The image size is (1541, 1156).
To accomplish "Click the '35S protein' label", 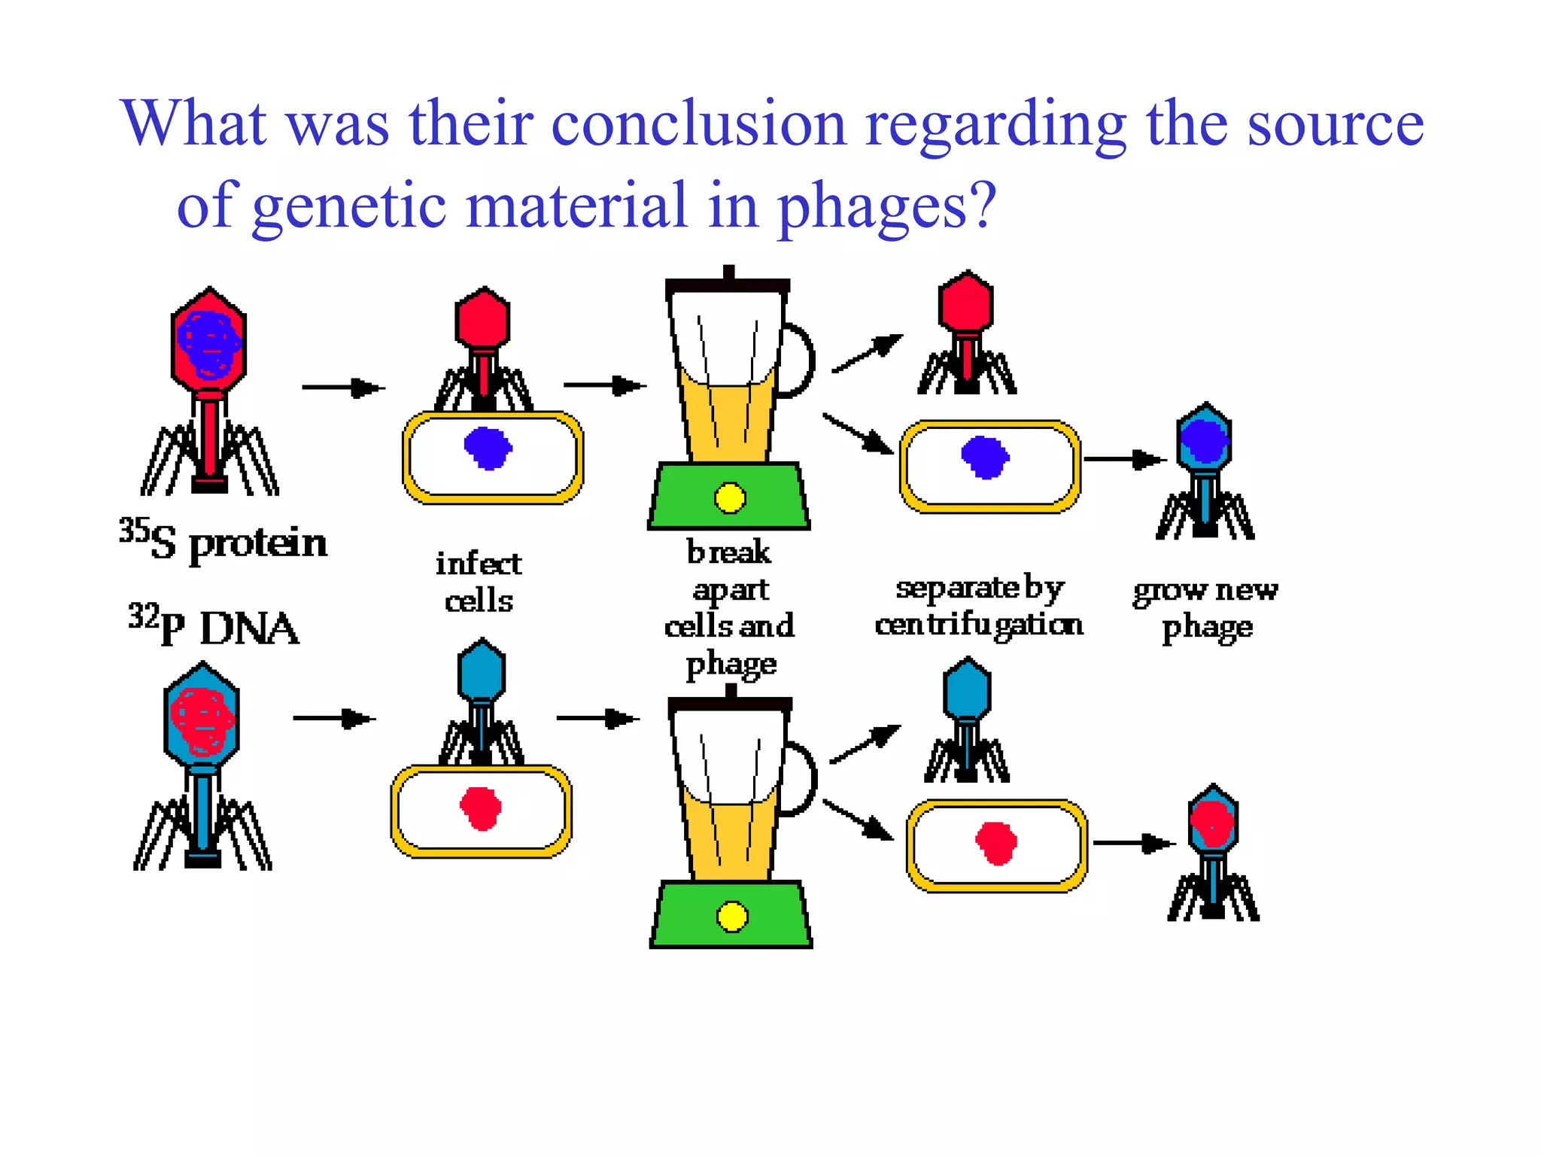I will click(223, 541).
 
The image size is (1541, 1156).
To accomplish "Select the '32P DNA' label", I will click(214, 626).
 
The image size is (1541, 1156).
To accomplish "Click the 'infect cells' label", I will click(479, 582).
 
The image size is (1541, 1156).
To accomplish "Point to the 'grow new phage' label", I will click(1205, 608).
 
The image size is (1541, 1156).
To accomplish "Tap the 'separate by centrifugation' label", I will click(979, 607).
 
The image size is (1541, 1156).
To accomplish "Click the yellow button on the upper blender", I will click(729, 497).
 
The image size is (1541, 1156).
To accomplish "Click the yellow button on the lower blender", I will click(732, 916).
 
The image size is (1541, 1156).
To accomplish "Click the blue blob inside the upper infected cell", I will click(488, 448).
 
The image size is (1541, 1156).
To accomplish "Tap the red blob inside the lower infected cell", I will click(481, 808).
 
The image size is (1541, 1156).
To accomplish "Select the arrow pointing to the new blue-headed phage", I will click(1125, 459).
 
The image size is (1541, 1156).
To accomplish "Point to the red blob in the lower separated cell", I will click(996, 843).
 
